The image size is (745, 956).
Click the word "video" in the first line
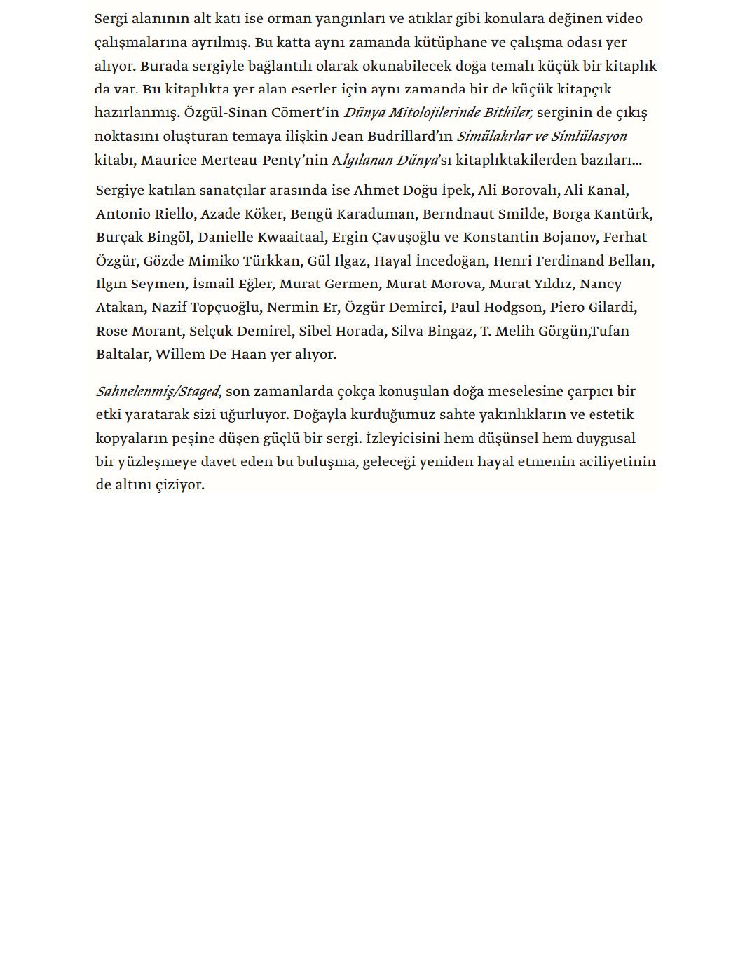click(x=623, y=19)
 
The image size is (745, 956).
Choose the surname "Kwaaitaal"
click(x=288, y=238)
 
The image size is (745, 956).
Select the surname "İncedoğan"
click(x=451, y=261)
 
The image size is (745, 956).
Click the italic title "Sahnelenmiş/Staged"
click(x=158, y=392)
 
